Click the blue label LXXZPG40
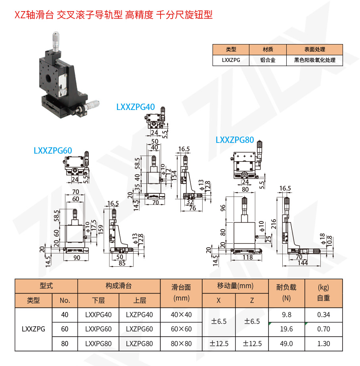135,107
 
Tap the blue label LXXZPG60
53,150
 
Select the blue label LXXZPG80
235,140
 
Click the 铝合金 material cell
268,60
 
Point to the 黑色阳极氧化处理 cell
314,60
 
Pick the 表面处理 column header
314,50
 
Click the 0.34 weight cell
324,315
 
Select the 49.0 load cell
286,344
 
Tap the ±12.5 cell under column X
219,344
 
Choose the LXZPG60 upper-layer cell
139,329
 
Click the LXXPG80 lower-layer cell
98,344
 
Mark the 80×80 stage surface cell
181,344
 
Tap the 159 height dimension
101,229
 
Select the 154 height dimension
173,176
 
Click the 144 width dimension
303,263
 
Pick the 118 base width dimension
248,258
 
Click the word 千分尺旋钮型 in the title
184,15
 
